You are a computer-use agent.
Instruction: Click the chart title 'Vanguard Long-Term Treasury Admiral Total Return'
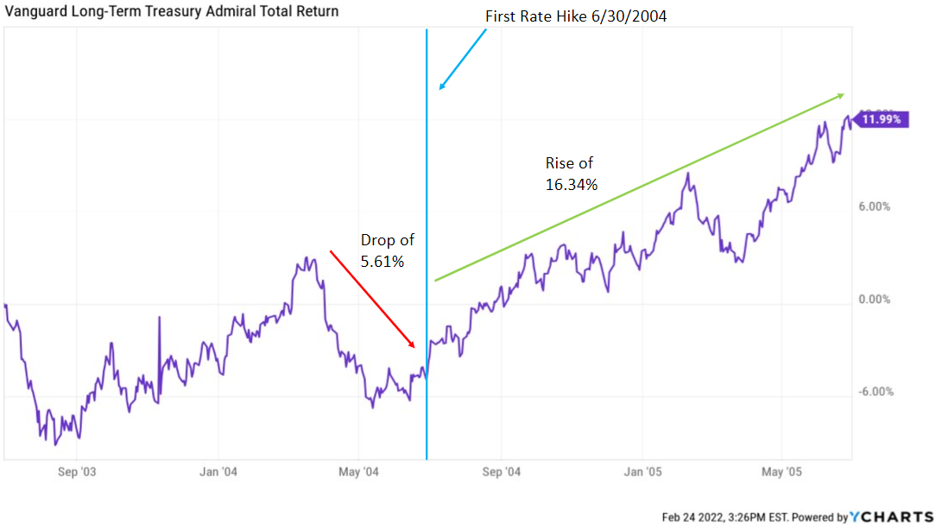(171, 11)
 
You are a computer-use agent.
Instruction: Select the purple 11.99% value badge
(882, 120)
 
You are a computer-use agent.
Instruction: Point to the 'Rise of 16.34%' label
(571, 173)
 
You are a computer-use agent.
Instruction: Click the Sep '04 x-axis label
(502, 472)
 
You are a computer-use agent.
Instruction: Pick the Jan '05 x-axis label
(643, 472)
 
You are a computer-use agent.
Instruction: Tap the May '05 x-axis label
(782, 472)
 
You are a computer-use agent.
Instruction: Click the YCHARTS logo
(894, 516)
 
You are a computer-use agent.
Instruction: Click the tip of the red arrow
(416, 348)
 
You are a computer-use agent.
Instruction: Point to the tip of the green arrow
(844, 93)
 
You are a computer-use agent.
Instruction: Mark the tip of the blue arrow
(440, 89)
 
